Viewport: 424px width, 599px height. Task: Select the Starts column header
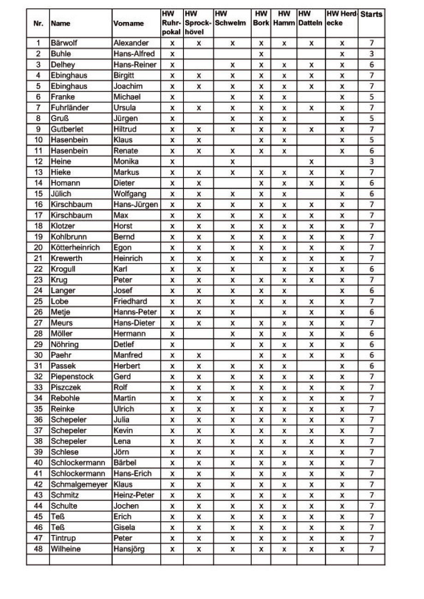[371, 15]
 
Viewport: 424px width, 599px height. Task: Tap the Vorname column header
[129, 23]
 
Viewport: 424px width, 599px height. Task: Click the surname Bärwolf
[64, 43]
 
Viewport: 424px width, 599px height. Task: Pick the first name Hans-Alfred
[134, 54]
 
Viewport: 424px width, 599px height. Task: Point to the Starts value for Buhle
[371, 54]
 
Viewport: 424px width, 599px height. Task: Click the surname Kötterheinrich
[75, 248]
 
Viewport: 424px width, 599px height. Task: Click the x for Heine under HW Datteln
[312, 162]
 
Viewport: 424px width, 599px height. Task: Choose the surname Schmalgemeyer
[79, 484]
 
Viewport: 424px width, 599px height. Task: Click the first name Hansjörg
[129, 549]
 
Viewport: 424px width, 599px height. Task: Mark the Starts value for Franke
[371, 97]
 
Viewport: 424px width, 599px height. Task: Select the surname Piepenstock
[72, 377]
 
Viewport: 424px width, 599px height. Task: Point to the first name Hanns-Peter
[135, 312]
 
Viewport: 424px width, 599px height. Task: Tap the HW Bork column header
[261, 18]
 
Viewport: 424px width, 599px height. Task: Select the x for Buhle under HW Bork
[261, 54]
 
